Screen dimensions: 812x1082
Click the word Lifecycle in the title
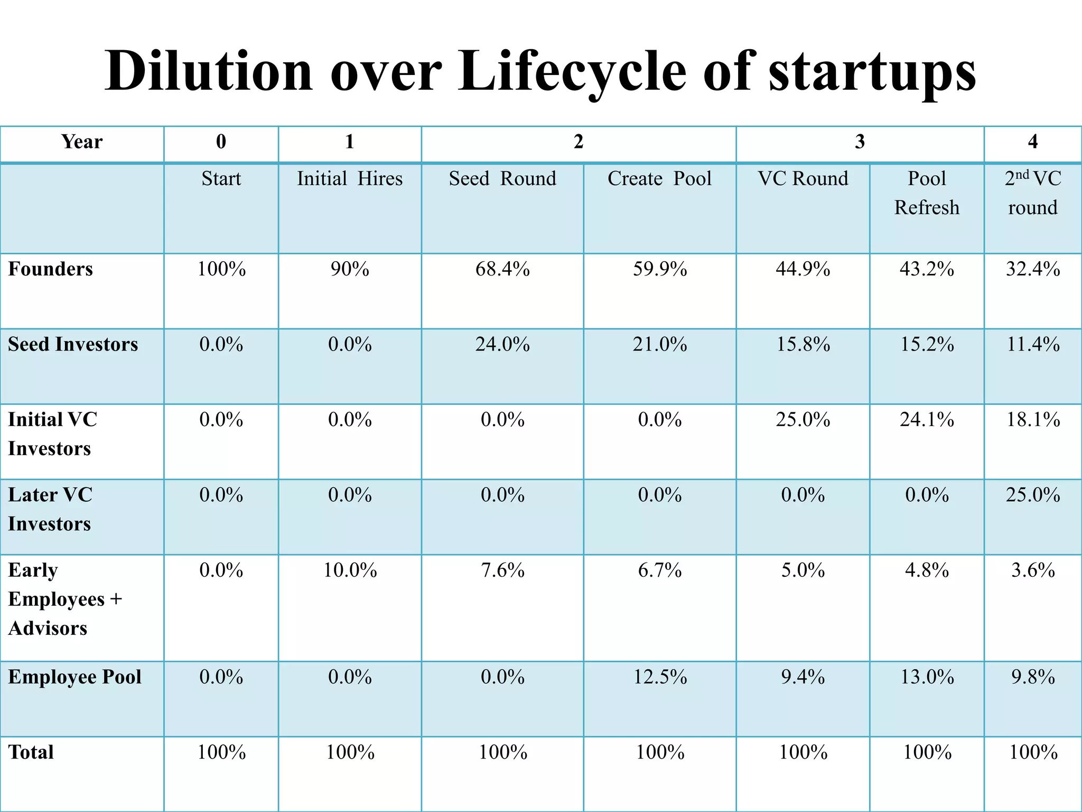(572, 71)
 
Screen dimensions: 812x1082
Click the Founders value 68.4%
(502, 269)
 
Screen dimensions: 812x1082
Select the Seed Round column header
(502, 179)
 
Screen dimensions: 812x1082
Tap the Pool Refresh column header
(927, 193)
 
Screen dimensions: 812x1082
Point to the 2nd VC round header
(1033, 193)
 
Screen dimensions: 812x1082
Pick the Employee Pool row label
(74, 677)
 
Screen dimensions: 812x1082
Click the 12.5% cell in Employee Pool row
(660, 677)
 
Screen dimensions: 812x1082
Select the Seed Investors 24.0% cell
(502, 345)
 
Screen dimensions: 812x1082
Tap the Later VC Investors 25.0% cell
(1033, 495)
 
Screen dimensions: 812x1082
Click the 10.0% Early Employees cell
(350, 570)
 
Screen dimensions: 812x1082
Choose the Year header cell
(81, 142)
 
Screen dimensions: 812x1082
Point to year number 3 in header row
(860, 142)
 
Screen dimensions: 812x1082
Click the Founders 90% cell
(350, 269)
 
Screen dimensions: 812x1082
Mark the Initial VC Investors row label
(52, 434)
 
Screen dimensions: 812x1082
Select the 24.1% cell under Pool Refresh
(927, 420)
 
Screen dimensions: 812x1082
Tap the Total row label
(31, 752)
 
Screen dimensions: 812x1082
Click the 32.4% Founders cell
(1033, 269)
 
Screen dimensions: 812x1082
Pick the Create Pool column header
(659, 179)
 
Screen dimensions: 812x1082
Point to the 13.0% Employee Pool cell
(927, 677)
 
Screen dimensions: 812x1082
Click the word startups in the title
(872, 71)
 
